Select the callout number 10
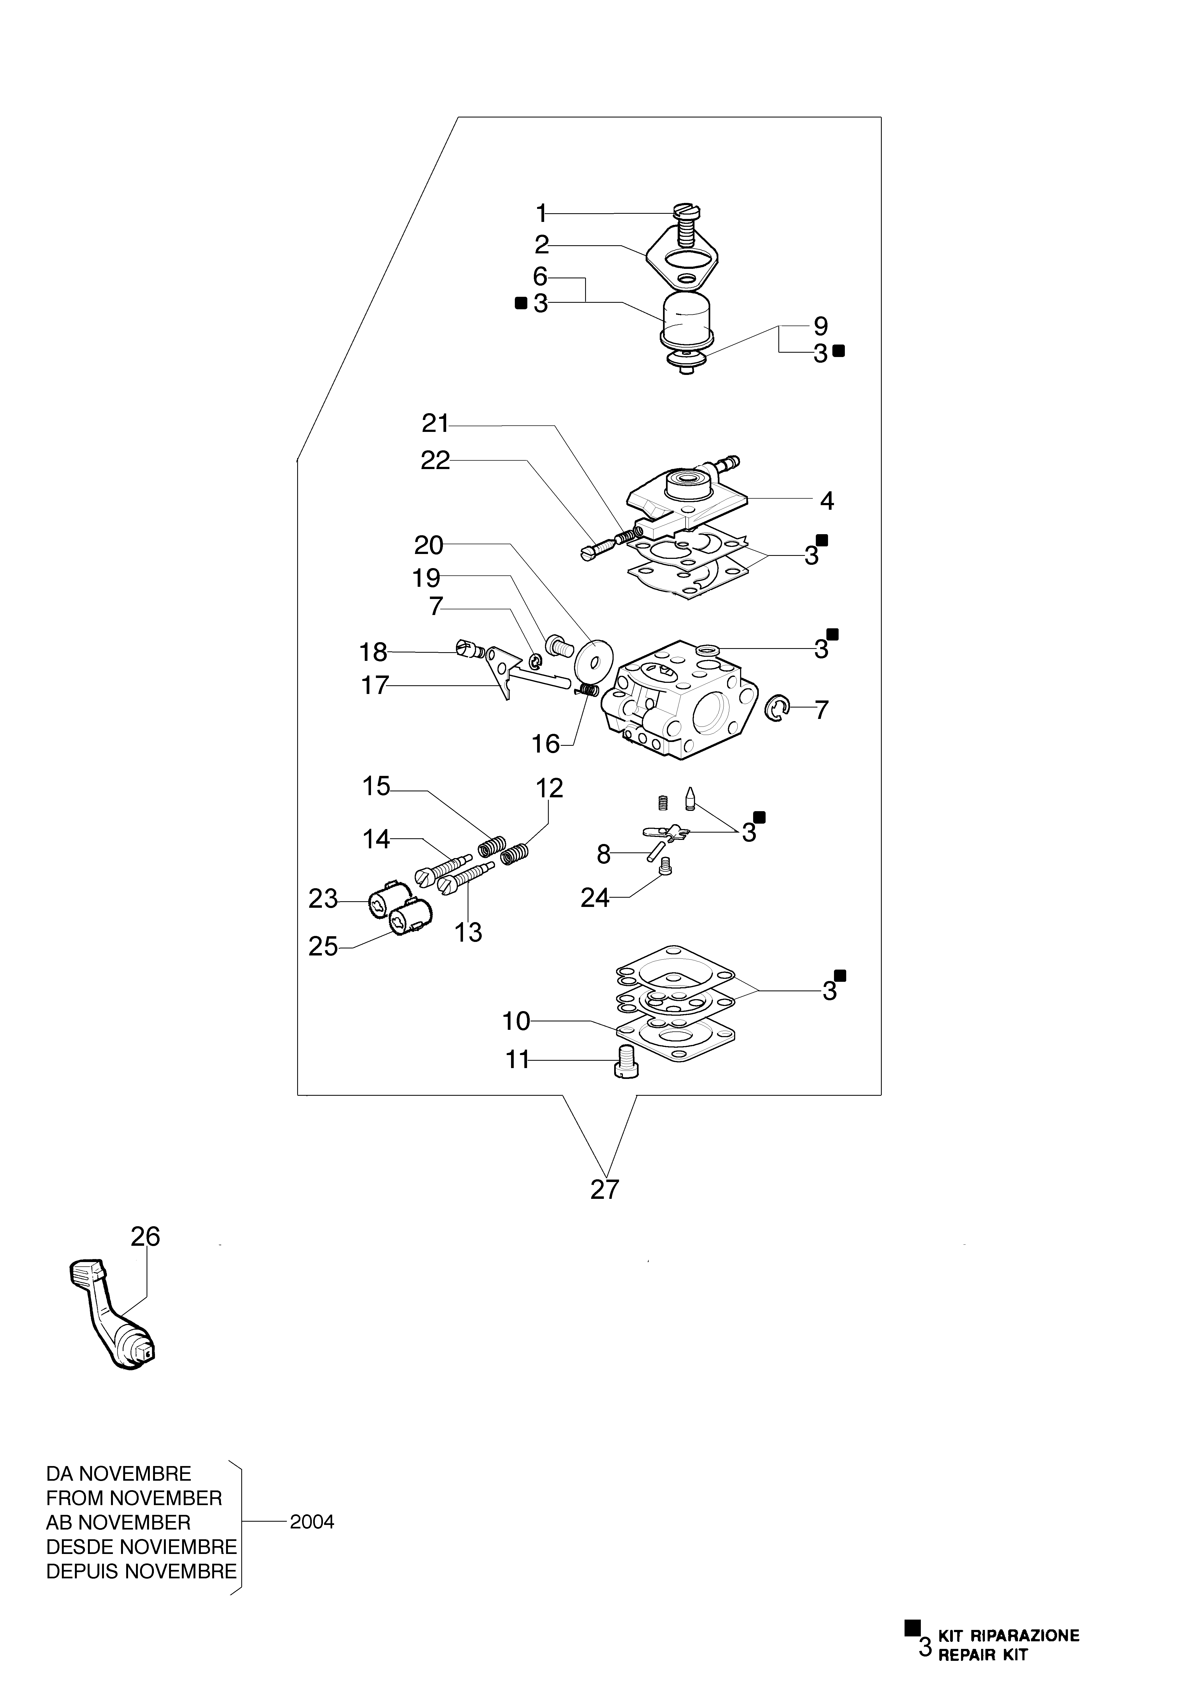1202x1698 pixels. pyautogui.click(x=517, y=1022)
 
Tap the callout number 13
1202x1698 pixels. pyautogui.click(x=468, y=932)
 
